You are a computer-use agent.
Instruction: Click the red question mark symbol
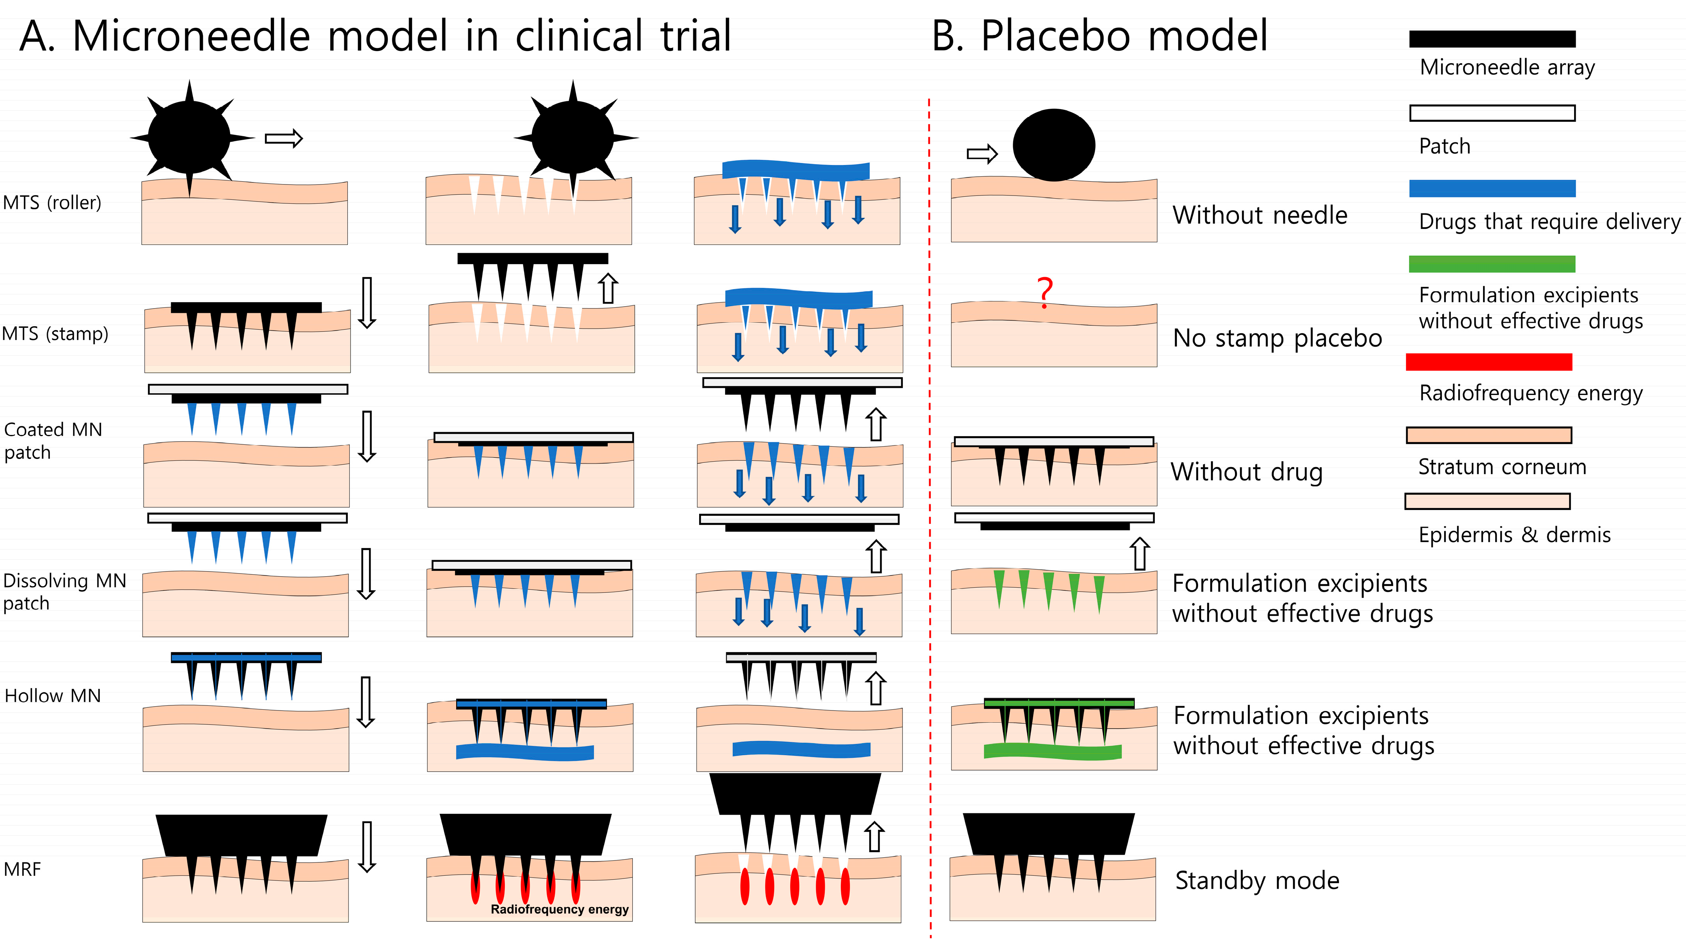click(x=1045, y=292)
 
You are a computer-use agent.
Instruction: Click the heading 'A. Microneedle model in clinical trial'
click(x=375, y=36)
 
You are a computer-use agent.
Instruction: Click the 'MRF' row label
click(x=22, y=869)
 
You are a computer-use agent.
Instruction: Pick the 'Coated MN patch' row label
click(x=52, y=440)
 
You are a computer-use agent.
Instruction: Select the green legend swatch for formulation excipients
click(x=1492, y=264)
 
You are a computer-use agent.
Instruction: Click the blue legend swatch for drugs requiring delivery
click(x=1492, y=188)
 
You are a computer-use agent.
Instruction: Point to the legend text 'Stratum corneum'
click(x=1502, y=467)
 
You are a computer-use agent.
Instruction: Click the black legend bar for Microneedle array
click(x=1492, y=38)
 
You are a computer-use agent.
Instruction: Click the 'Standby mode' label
click(x=1257, y=880)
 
